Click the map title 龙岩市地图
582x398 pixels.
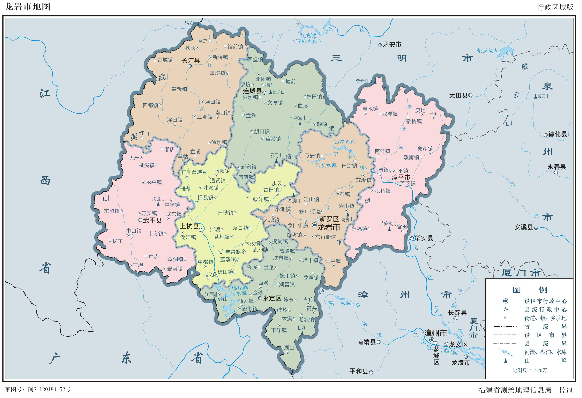[x=27, y=7]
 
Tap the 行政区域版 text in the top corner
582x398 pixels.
[x=555, y=7]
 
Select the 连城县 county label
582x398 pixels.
[x=252, y=91]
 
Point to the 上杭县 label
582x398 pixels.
[x=189, y=226]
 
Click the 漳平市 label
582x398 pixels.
[x=401, y=177]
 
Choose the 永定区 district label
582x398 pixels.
[x=272, y=298]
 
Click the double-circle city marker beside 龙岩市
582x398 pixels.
[x=314, y=225]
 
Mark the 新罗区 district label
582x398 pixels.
[x=329, y=219]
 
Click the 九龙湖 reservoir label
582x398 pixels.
[x=308, y=36]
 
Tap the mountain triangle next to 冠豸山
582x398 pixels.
[x=271, y=92]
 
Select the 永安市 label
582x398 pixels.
[x=392, y=45]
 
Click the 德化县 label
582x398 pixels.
[x=558, y=134]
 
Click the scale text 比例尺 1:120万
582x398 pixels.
[x=529, y=371]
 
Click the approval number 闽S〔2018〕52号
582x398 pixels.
[x=49, y=389]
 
